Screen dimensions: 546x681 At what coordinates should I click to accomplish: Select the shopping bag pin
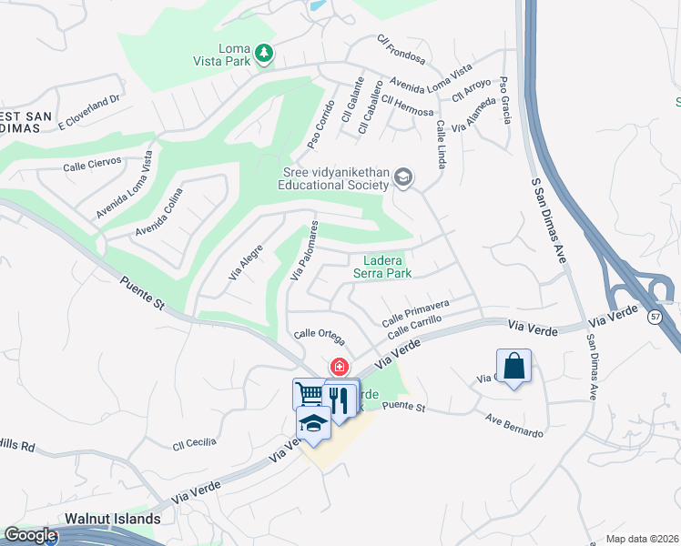click(513, 367)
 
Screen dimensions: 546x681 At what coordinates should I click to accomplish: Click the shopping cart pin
click(309, 394)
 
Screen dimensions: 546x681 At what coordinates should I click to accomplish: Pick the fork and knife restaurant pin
click(340, 398)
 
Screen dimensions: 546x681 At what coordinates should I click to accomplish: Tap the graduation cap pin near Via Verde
click(313, 423)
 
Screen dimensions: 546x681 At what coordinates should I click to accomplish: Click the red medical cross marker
click(339, 367)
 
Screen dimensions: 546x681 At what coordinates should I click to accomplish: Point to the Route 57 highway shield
click(656, 315)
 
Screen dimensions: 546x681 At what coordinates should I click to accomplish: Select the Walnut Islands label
click(113, 519)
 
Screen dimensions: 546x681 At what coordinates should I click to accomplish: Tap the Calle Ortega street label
click(319, 336)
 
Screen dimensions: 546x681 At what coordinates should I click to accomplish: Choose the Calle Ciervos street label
click(93, 167)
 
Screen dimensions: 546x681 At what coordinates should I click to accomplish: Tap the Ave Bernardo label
click(514, 427)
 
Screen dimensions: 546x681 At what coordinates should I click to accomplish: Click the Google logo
click(30, 536)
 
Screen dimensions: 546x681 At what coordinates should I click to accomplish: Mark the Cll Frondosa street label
click(401, 50)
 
